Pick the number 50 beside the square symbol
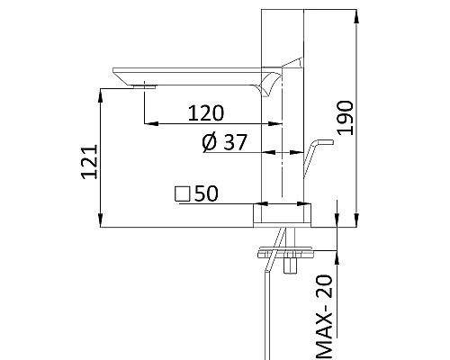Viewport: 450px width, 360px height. pyautogui.click(x=206, y=193)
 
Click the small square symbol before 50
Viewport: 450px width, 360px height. pyautogui.click(x=182, y=193)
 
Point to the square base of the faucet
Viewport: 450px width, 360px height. pyautogui.click(x=283, y=212)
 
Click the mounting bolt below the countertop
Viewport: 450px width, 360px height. pyautogui.click(x=292, y=263)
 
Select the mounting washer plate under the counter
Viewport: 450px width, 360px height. pyautogui.click(x=286, y=251)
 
